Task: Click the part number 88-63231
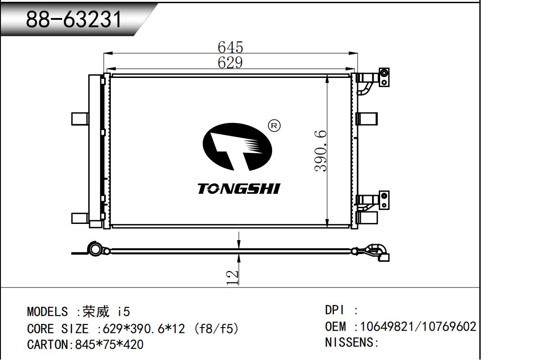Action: point(74,19)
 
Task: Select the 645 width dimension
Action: point(230,47)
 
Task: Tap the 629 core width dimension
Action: point(230,63)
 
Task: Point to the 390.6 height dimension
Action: point(320,150)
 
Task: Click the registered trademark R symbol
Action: point(274,126)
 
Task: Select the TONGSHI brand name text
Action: point(238,189)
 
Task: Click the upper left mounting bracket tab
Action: point(79,118)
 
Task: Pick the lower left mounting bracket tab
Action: point(79,218)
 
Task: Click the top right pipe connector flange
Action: point(384,77)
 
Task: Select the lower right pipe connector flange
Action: point(384,200)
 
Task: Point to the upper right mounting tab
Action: point(367,118)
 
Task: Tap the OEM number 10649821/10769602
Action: point(418,326)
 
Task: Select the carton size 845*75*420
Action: point(109,345)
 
